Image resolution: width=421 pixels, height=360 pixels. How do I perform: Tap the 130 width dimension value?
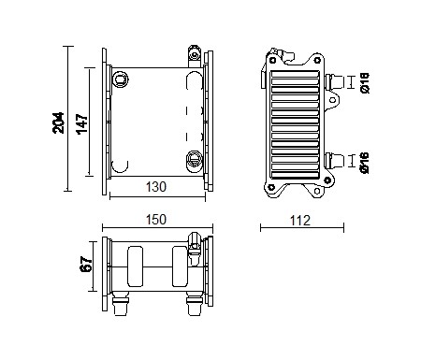click(156, 187)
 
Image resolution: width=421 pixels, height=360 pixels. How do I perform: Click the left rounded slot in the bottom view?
click(134, 266)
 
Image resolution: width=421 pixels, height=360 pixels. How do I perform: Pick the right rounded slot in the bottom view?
click(181, 266)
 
